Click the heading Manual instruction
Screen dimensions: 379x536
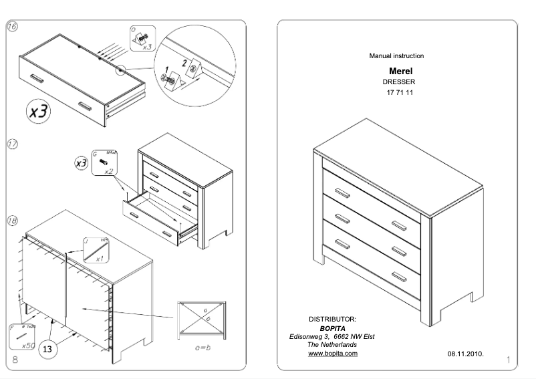[x=396, y=56]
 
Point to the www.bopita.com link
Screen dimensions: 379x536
[x=332, y=353]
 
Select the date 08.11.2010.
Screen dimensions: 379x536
[x=465, y=352]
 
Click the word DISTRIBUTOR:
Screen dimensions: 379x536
[x=331, y=320]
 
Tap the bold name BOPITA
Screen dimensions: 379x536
[x=332, y=328]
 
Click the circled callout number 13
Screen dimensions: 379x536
[x=47, y=348]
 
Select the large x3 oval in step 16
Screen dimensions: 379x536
[x=39, y=111]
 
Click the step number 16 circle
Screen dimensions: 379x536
[x=12, y=27]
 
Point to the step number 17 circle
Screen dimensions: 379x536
[x=12, y=144]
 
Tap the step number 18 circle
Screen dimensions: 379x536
[x=12, y=221]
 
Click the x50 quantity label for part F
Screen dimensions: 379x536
[x=28, y=346]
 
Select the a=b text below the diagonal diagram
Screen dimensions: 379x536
[x=203, y=348]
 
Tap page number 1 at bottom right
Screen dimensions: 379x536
[x=508, y=361]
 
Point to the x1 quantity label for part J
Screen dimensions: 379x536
[x=99, y=259]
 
